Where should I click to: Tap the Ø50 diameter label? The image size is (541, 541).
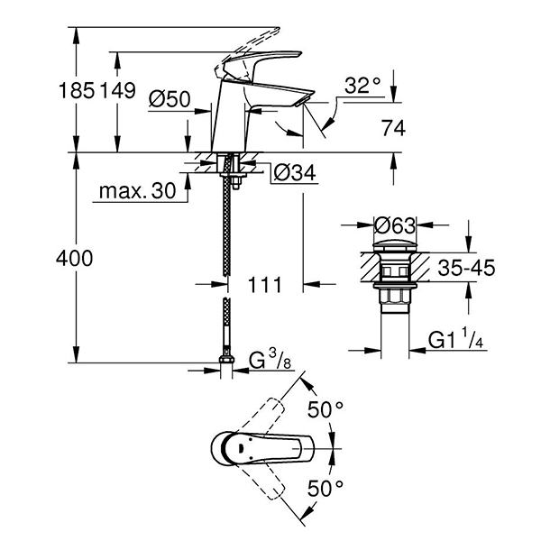coord(170,100)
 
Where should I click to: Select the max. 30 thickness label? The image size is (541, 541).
coord(137,191)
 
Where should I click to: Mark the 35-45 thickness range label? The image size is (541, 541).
coord(465,268)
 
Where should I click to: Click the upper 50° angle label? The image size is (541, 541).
coord(326,409)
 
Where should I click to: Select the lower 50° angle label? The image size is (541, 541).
coord(326,488)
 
